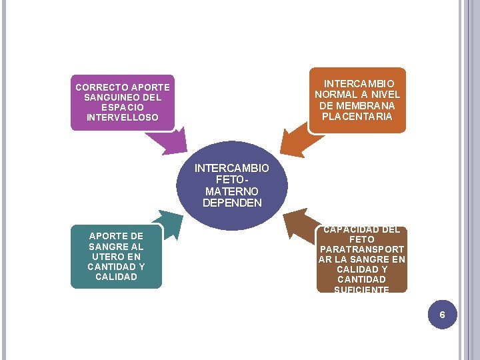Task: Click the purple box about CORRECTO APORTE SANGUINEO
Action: pos(122,102)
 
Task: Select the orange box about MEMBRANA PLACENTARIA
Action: pos(357,100)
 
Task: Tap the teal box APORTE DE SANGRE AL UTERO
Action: pos(116,256)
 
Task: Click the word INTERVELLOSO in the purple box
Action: pos(123,117)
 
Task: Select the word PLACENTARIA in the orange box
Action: pos(357,117)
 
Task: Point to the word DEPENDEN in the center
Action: pos(232,203)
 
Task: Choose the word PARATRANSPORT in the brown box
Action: pos(362,249)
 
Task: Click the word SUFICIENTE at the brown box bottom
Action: pos(362,289)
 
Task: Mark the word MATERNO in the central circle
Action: pos(232,191)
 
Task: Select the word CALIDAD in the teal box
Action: pos(116,277)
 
